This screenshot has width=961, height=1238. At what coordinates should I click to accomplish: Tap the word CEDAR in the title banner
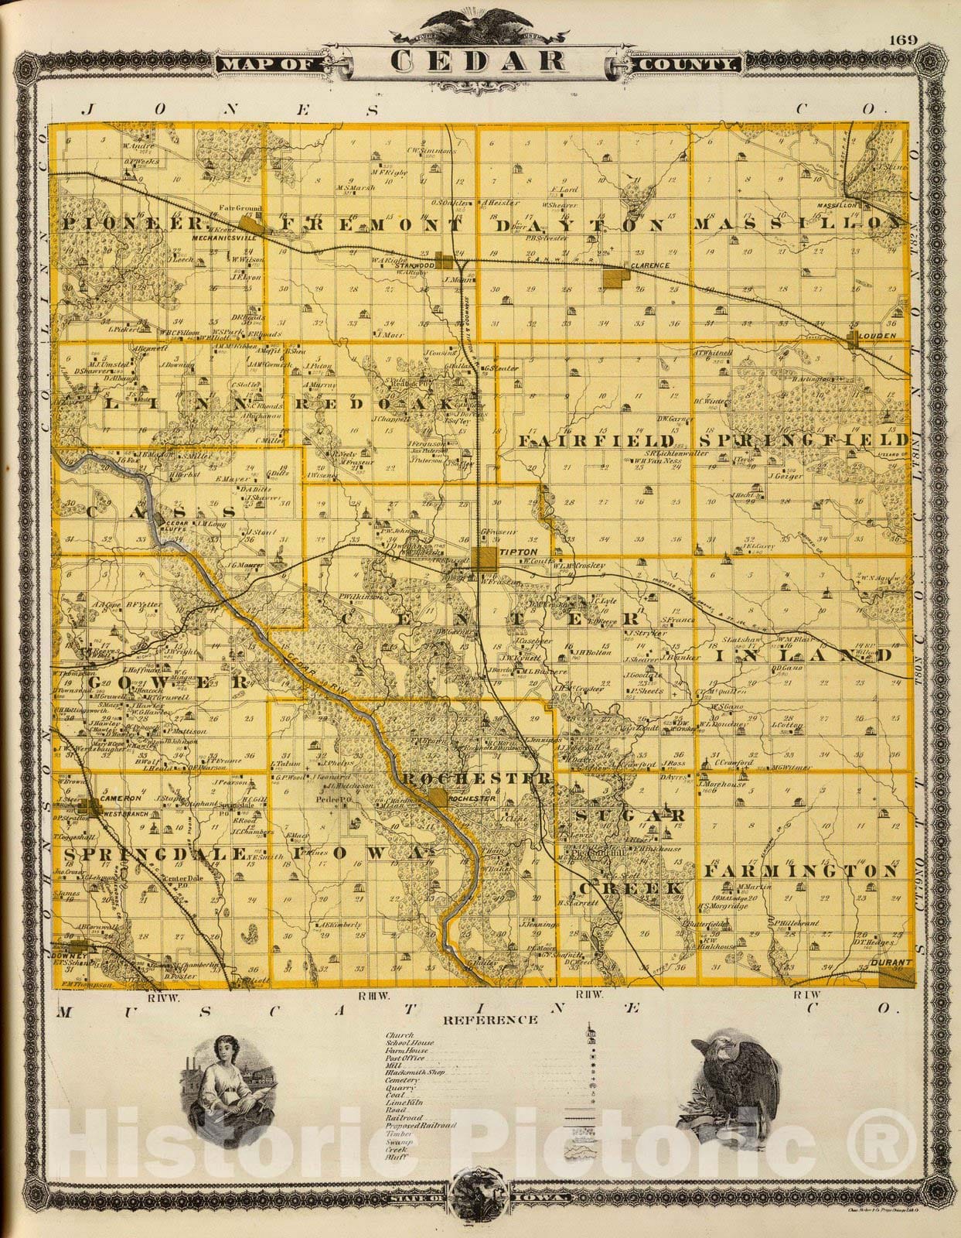click(477, 61)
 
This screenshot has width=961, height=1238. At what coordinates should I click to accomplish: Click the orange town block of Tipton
click(487, 560)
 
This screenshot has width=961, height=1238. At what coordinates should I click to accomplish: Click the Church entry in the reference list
click(400, 1035)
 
